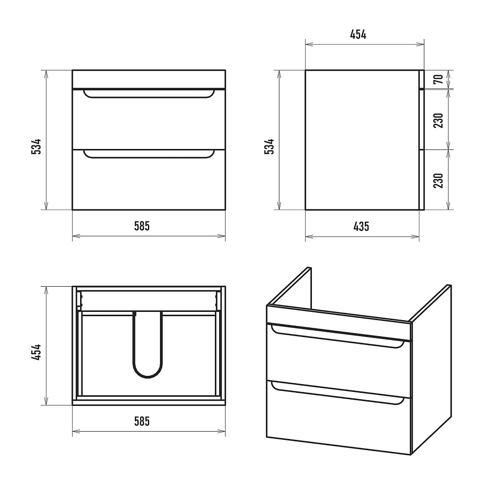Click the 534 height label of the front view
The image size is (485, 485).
[x=36, y=146]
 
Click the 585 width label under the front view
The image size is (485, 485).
[x=142, y=226]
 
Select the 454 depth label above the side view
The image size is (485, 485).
[x=358, y=34]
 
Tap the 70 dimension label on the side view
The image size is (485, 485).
[x=438, y=79]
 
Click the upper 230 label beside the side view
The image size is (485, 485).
[x=438, y=120]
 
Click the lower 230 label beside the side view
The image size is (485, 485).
[x=438, y=180]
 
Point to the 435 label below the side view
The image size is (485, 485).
[x=361, y=226]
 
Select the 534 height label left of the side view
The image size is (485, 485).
[x=269, y=146]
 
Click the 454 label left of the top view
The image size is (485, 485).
[x=36, y=352]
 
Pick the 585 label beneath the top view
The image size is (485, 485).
[x=142, y=421]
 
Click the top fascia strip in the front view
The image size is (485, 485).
[x=149, y=79]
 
